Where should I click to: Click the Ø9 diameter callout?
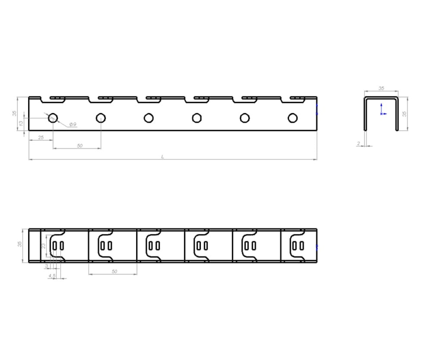(73, 124)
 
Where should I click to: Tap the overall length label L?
(163, 157)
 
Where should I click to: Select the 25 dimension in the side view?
(41, 138)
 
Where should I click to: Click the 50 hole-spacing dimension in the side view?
(80, 146)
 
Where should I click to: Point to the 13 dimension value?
(21, 124)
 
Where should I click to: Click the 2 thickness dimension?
(359, 143)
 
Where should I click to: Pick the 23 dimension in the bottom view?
(44, 246)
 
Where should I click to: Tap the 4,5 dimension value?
(52, 276)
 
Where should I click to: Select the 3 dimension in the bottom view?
(46, 266)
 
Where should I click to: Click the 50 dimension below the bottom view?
(114, 271)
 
